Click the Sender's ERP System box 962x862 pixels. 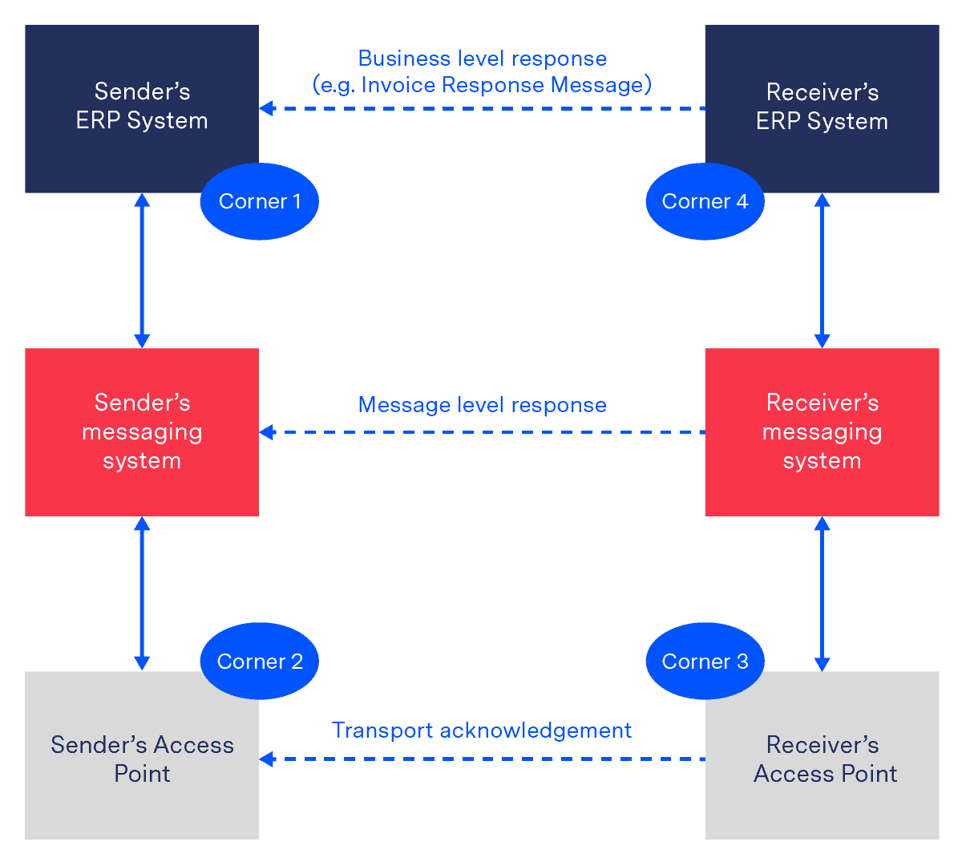[x=142, y=106]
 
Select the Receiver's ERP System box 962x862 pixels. [x=822, y=106]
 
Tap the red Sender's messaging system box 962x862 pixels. [x=142, y=431]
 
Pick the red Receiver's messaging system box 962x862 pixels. [x=822, y=431]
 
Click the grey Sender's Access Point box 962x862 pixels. [x=142, y=759]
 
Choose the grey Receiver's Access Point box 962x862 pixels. [x=822, y=759]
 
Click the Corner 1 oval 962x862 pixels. [x=259, y=201]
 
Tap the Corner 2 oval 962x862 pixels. [x=259, y=662]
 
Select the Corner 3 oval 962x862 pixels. [x=705, y=662]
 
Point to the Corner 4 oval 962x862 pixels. [x=705, y=201]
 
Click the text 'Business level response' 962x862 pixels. [x=482, y=59]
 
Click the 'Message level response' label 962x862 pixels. [x=482, y=405]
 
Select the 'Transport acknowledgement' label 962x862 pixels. [x=482, y=730]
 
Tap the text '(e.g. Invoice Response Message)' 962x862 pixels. [x=482, y=85]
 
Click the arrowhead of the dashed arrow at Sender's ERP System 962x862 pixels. [x=267, y=108]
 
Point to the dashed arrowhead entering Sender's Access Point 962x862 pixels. [x=267, y=759]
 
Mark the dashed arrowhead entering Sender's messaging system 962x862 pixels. [x=267, y=432]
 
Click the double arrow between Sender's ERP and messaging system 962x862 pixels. [x=142, y=270]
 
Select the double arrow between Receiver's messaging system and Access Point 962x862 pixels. [x=822, y=594]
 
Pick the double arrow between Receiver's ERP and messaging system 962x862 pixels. [x=822, y=270]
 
